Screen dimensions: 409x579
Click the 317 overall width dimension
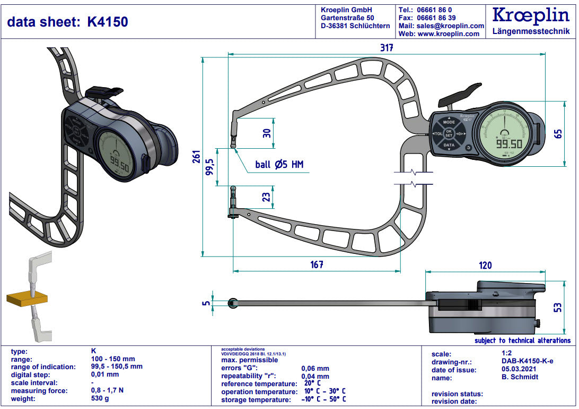click(x=387, y=47)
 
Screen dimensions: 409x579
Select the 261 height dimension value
click(x=196, y=157)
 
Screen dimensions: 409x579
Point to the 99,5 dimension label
click(x=210, y=167)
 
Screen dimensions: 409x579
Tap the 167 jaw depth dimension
click(x=317, y=264)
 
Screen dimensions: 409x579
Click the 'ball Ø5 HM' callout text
click(x=279, y=165)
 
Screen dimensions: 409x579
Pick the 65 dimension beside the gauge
click(x=558, y=133)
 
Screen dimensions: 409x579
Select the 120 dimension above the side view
click(x=485, y=265)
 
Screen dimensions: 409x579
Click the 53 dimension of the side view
click(x=558, y=308)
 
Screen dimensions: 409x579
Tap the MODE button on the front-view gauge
click(x=449, y=122)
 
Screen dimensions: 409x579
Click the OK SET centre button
click(x=449, y=133)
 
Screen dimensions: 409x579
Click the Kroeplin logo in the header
click(x=531, y=15)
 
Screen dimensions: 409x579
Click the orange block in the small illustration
click(x=27, y=299)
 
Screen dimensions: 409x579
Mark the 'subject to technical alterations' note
click(x=522, y=340)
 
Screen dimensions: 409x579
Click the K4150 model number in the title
click(x=108, y=21)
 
